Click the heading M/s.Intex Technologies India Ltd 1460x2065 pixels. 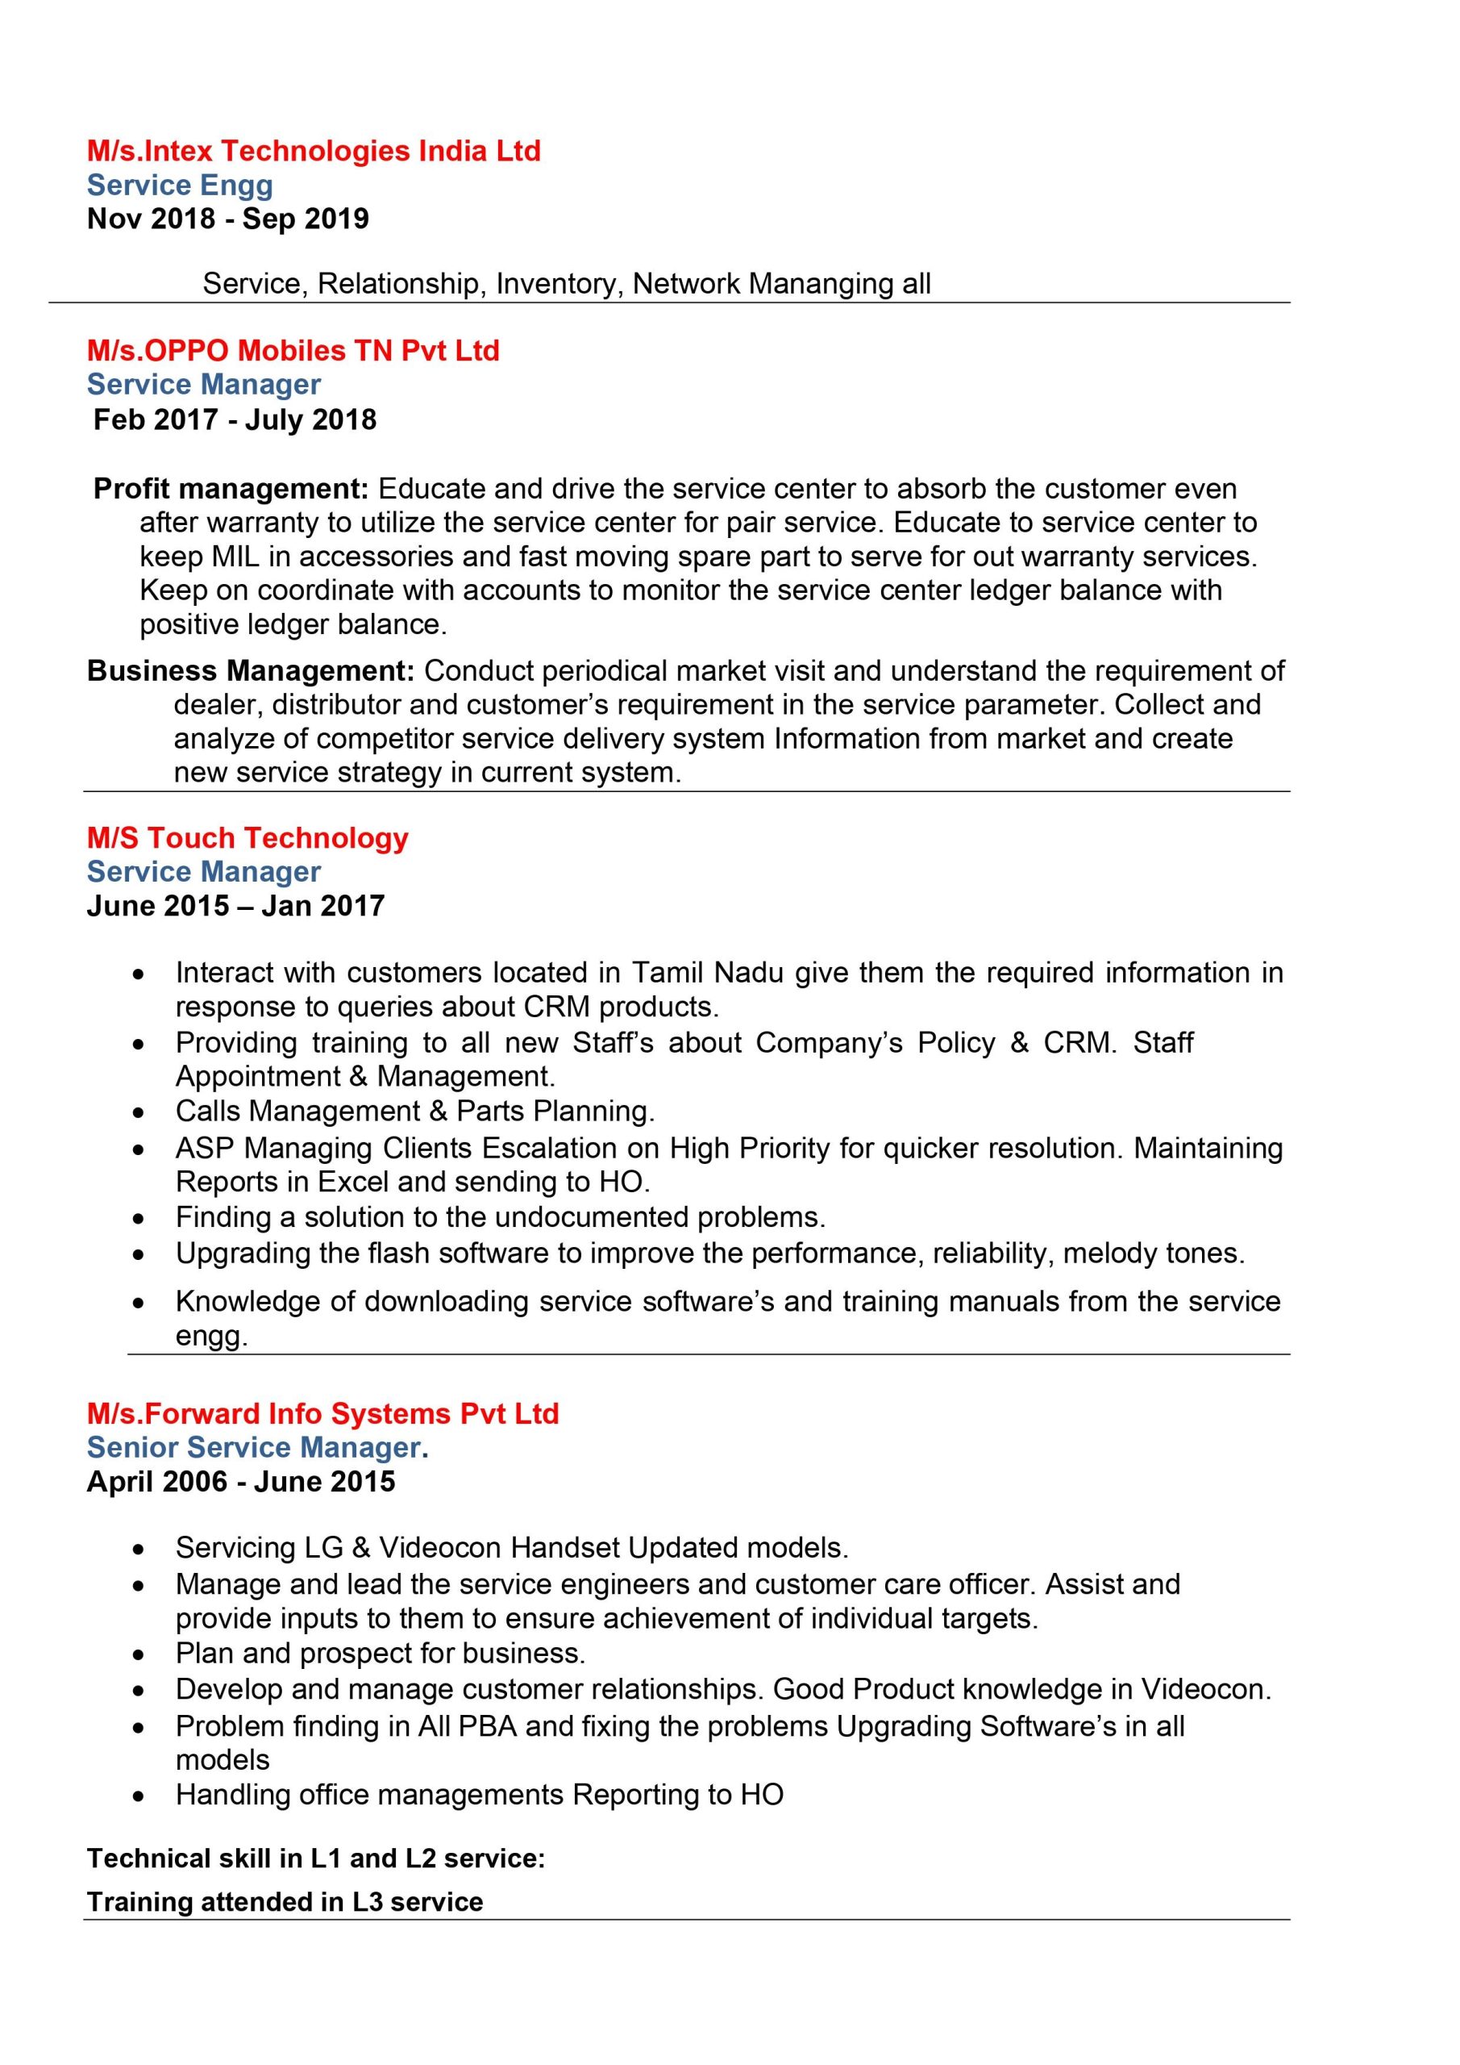314,150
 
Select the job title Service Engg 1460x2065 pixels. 180,186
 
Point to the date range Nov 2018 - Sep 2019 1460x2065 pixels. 227,219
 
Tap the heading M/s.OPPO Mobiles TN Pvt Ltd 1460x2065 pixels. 293,350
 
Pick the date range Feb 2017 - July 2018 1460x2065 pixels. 235,419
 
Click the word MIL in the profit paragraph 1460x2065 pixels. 235,557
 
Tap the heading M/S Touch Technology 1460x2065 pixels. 247,837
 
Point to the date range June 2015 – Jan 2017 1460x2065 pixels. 235,905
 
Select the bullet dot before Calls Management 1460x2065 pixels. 138,1112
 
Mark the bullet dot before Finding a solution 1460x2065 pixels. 138,1219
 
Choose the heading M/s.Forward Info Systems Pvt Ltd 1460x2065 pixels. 322,1413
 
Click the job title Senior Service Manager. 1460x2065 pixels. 257,1447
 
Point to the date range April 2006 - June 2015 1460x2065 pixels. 241,1481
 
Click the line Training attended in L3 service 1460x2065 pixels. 285,1901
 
